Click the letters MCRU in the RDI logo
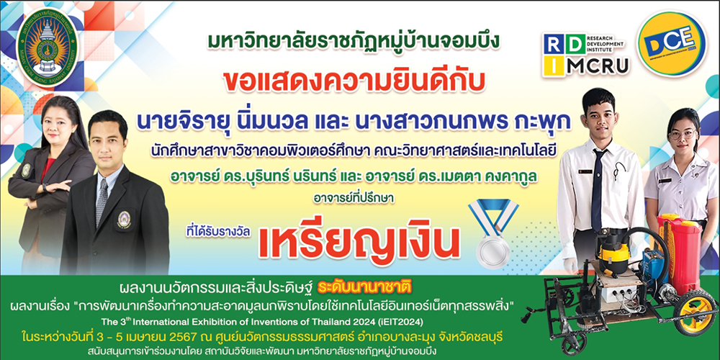[x=598, y=67]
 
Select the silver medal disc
[x=493, y=251]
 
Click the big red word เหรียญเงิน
[x=359, y=241]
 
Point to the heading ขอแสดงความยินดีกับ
[x=354, y=84]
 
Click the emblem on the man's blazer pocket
[x=124, y=220]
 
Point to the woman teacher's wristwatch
[x=44, y=187]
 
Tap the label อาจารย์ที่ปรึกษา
[x=354, y=198]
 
